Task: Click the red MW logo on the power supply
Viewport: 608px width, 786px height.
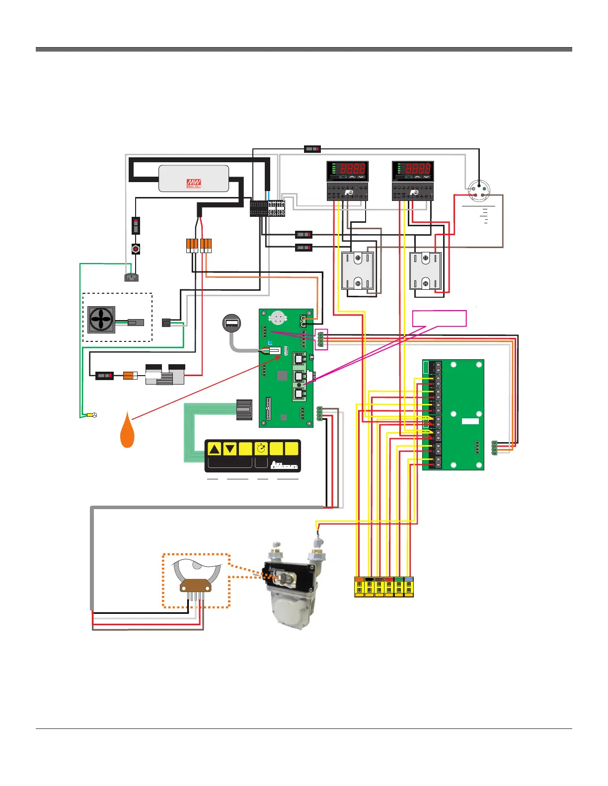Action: (194, 184)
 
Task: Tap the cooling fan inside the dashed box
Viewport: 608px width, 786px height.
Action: (101, 320)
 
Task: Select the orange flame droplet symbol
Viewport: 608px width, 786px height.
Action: (128, 431)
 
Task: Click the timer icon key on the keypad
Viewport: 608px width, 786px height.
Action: (261, 449)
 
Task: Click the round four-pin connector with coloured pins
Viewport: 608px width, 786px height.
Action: (479, 191)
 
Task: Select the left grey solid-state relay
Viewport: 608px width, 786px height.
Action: (358, 270)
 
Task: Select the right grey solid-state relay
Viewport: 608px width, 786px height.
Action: (425, 270)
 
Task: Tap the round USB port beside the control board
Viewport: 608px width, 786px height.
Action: (231, 324)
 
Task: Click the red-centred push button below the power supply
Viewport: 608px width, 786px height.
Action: (136, 249)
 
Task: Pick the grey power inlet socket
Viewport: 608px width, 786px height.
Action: (131, 277)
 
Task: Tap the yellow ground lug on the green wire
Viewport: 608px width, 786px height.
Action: (91, 415)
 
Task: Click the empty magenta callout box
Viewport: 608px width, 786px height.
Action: (439, 319)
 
